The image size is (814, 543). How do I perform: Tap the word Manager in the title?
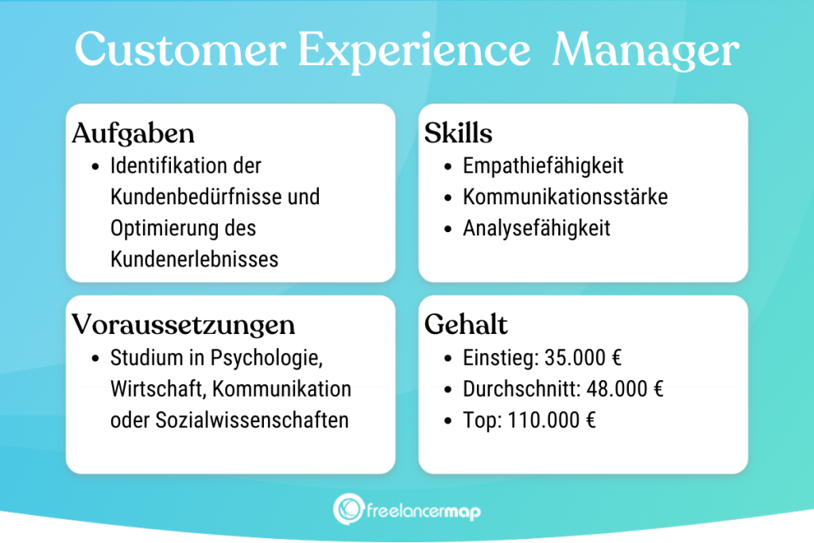coord(645,52)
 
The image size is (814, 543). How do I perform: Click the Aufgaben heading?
coord(134,133)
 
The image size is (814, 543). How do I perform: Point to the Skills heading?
coord(458,133)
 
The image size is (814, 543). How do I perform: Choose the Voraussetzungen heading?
coord(184,324)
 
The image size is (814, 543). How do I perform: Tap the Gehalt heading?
coord(467,324)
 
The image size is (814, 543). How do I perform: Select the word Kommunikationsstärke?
coord(565,196)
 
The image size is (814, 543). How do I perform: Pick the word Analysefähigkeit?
coord(537,228)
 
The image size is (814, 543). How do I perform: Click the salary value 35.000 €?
coord(583,357)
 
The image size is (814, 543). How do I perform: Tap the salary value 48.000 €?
coord(625,389)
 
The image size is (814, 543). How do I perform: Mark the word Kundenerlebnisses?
coord(195,259)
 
